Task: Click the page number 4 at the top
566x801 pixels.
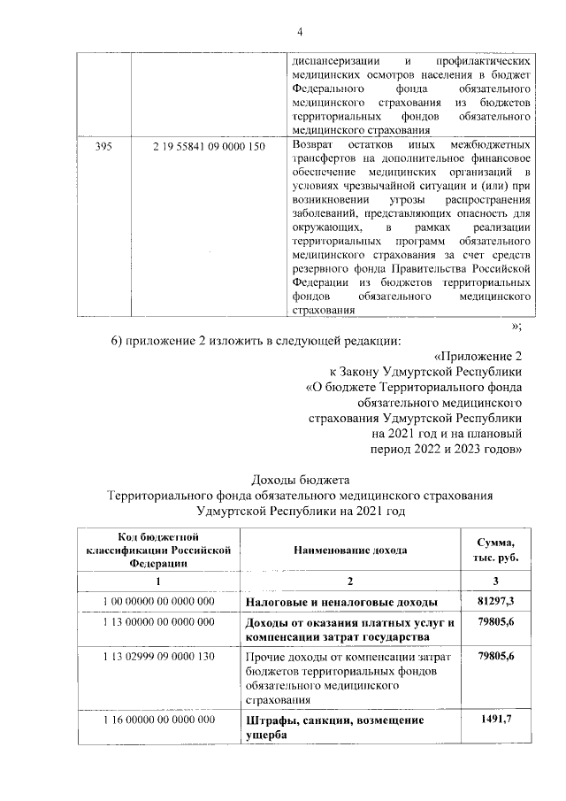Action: click(300, 33)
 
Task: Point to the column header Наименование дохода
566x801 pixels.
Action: click(350, 551)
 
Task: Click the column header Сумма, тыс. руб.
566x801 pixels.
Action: click(497, 551)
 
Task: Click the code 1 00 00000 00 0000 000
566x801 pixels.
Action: click(159, 603)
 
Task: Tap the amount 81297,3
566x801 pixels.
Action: click(497, 603)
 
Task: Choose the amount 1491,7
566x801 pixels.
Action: click(497, 720)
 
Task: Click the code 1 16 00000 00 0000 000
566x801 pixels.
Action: click(159, 720)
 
